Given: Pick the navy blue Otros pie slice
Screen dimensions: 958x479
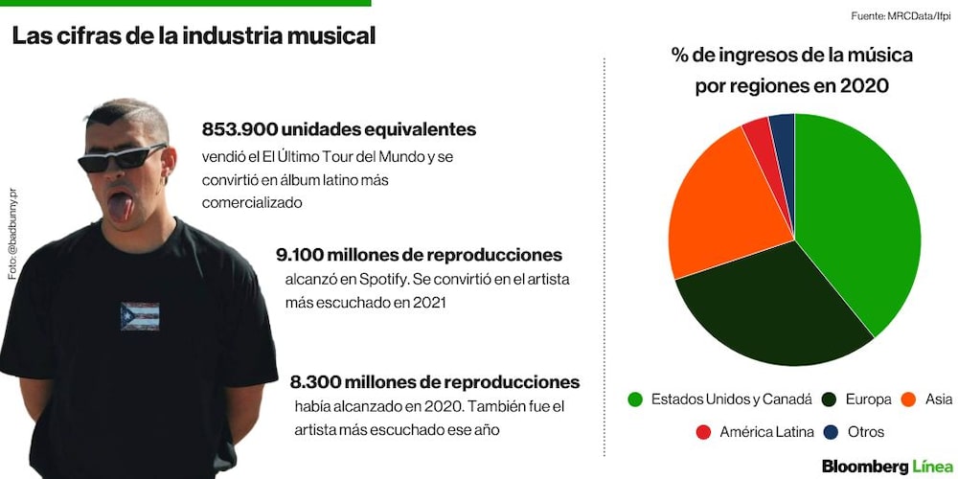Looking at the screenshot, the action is tap(784, 141).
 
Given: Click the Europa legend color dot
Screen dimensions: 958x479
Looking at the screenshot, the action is tap(829, 400).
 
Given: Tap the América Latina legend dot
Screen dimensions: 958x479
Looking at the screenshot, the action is tap(703, 433).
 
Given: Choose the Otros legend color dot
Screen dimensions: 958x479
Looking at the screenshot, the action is tap(831, 433).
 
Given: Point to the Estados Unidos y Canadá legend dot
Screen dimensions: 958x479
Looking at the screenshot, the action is tap(635, 400).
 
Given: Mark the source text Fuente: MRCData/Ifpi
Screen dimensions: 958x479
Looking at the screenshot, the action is tap(901, 16).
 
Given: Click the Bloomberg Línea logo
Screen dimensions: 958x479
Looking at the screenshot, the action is tap(886, 467).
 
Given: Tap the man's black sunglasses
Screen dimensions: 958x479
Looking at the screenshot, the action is tap(123, 158).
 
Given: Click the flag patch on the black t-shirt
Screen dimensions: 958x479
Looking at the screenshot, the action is tap(140, 316).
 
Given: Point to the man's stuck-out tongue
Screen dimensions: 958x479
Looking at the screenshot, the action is tap(121, 207).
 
